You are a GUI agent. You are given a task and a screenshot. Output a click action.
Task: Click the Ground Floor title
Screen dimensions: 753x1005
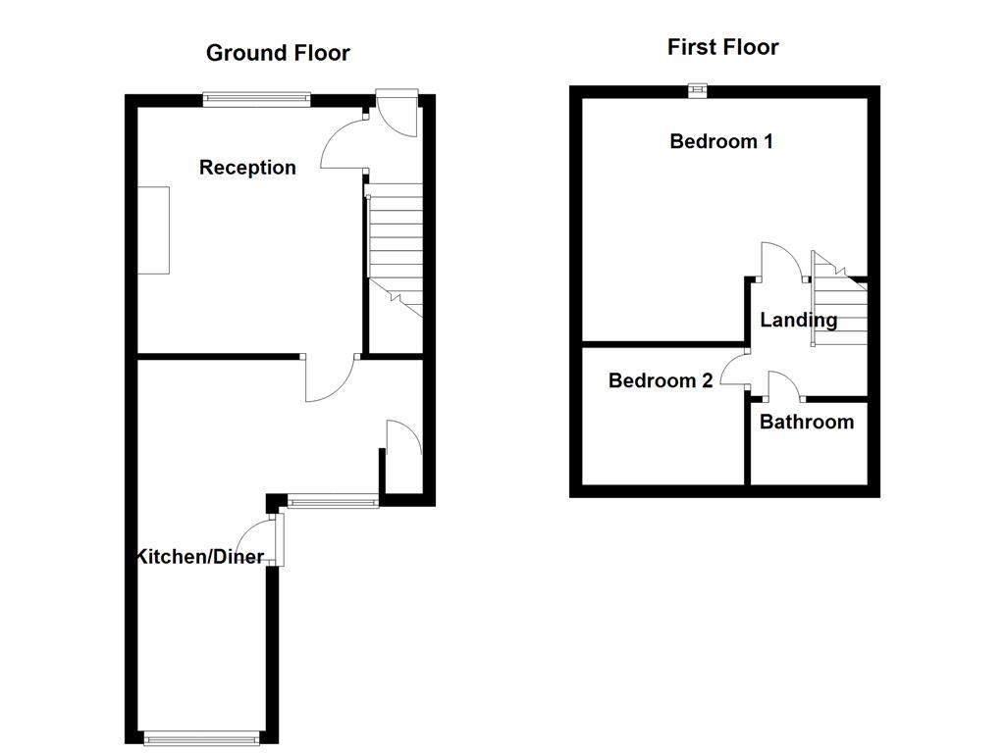(278, 53)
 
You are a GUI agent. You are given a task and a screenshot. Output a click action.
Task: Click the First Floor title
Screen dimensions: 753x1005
(722, 47)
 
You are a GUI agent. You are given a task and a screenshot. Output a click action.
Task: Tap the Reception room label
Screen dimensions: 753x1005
(247, 168)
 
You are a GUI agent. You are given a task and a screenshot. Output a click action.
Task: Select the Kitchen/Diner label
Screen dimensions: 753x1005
(200, 557)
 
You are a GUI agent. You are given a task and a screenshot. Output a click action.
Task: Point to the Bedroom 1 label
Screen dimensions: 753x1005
(721, 141)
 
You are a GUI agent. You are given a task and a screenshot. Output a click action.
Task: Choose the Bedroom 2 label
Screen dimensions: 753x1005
(661, 380)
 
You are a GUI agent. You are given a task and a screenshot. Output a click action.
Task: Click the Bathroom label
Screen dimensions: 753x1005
(807, 423)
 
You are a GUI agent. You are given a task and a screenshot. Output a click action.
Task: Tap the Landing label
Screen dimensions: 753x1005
(798, 320)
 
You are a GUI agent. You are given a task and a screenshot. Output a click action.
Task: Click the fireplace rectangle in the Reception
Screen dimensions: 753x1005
(153, 229)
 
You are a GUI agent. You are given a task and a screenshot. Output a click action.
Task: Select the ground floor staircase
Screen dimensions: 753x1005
(395, 245)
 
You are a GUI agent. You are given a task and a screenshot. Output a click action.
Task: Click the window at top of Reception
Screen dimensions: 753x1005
(257, 97)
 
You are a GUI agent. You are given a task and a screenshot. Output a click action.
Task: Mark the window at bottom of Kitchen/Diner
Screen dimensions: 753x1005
(202, 737)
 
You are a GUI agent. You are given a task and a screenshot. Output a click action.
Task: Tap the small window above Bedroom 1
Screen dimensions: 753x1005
(697, 90)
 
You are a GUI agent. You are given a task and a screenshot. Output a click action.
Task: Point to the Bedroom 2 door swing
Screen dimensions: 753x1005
(734, 370)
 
